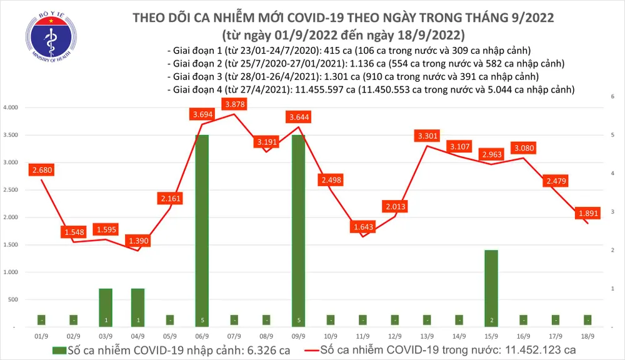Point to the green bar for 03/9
point(105,306)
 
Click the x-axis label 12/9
point(396,336)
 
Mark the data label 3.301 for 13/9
point(428,135)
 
